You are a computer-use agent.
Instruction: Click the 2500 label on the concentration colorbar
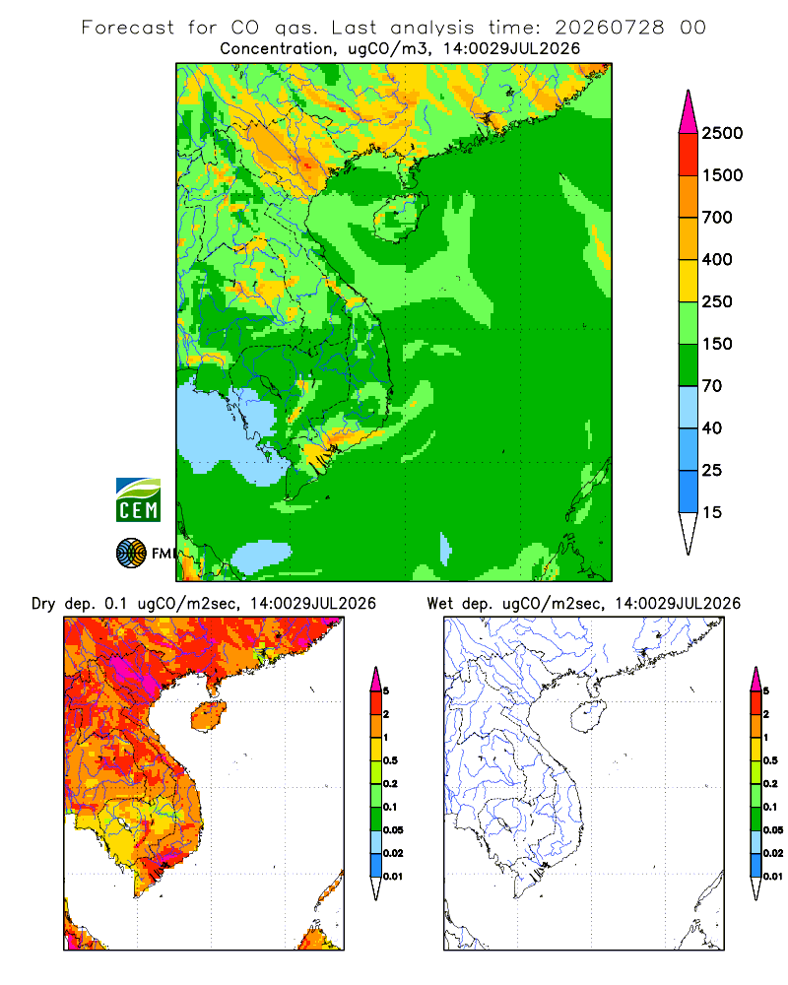(x=722, y=133)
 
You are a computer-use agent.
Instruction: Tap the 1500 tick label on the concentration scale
(x=722, y=175)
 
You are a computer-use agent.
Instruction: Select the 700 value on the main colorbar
(x=717, y=218)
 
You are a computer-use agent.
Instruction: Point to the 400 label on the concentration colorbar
(x=717, y=259)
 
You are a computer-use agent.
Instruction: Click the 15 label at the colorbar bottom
(x=712, y=512)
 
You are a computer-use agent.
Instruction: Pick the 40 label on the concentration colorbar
(x=712, y=428)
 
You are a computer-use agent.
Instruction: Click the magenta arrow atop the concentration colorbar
(x=689, y=112)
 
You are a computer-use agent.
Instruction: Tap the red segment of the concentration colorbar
(x=689, y=155)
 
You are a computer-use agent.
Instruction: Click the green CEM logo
(x=138, y=500)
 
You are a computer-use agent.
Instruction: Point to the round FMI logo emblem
(x=131, y=554)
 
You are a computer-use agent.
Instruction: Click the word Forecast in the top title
(x=128, y=28)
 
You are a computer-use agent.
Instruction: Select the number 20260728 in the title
(x=610, y=28)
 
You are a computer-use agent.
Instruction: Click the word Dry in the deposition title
(x=43, y=604)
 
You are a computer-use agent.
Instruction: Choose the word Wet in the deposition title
(x=439, y=604)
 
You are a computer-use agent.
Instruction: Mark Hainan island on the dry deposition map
(x=209, y=717)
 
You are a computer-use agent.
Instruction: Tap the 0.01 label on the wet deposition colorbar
(x=773, y=877)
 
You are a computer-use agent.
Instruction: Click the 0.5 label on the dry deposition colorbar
(x=390, y=760)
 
